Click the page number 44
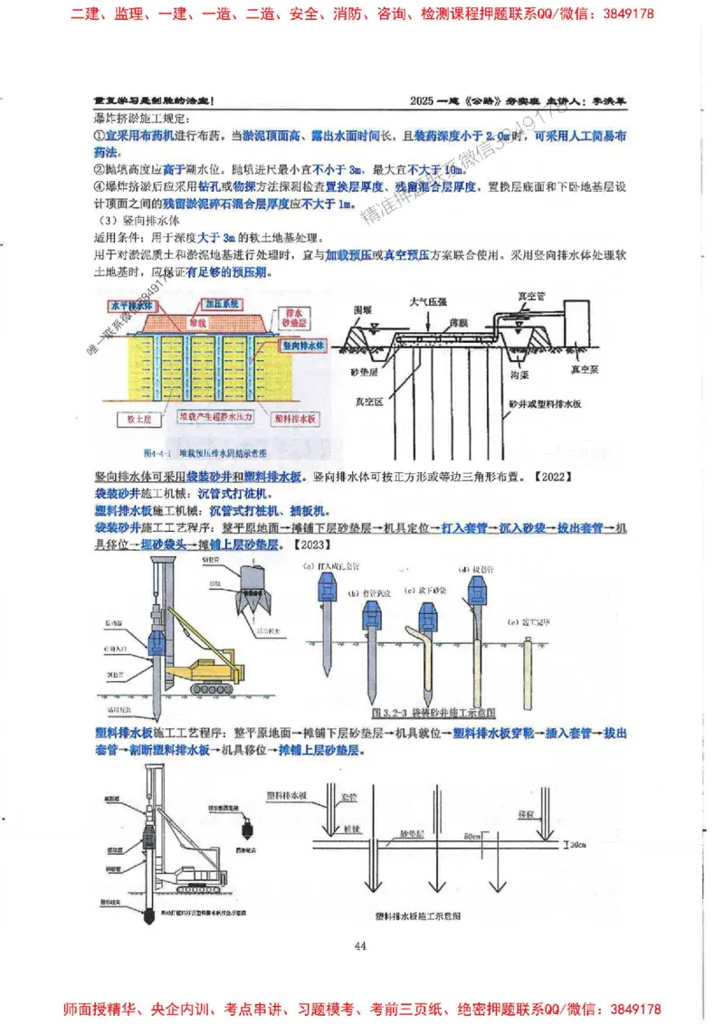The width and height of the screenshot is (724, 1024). point(360,946)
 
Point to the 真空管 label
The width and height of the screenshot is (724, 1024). point(532,295)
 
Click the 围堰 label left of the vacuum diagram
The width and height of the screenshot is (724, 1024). point(363,309)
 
